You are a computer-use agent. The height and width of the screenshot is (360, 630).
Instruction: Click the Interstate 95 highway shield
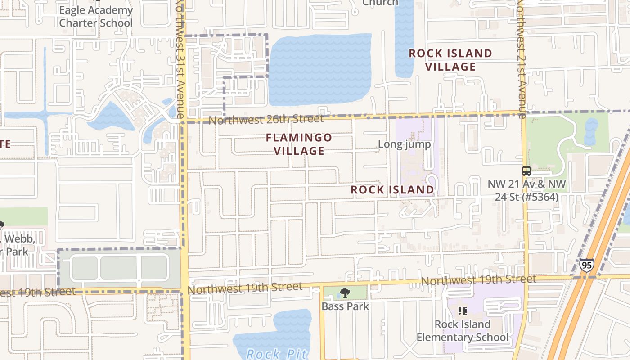point(586,265)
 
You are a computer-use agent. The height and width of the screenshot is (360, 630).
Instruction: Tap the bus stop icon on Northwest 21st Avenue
point(526,171)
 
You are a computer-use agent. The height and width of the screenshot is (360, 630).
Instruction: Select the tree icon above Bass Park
point(345,293)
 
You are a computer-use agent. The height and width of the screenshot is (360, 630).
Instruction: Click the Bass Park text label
point(345,306)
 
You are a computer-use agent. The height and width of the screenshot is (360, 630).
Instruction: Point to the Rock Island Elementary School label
point(462,331)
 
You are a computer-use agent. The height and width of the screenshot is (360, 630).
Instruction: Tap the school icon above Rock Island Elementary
point(462,310)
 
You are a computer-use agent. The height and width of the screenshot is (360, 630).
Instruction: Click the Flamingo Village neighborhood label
point(299,144)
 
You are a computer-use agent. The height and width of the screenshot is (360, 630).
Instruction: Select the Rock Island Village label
point(450,60)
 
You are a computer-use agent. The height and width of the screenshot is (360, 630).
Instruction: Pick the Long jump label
point(404,144)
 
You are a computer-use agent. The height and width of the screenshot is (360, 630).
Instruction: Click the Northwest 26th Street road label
point(266,120)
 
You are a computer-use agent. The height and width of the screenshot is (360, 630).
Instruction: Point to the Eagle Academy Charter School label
point(96,17)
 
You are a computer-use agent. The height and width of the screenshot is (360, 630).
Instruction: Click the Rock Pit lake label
point(276,353)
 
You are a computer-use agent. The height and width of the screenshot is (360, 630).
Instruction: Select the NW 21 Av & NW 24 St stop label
point(526,191)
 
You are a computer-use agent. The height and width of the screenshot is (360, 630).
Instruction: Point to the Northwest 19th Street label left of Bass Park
point(245,288)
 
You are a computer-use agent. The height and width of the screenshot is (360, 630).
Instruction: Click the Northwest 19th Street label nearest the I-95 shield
point(478,280)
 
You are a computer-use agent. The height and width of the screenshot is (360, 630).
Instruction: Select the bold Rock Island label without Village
point(392,190)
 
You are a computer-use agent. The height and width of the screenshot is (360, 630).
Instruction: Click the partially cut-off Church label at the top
point(380,3)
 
